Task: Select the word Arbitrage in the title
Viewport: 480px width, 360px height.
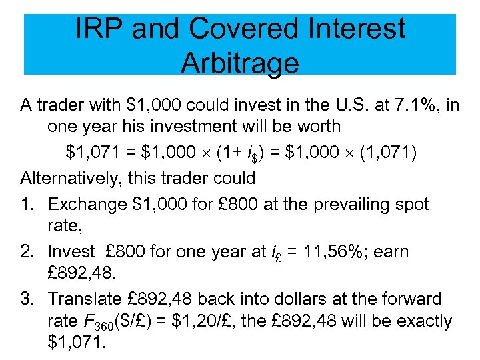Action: click(x=239, y=63)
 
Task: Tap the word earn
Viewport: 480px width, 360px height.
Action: click(x=393, y=251)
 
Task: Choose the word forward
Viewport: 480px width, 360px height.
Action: click(x=413, y=299)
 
